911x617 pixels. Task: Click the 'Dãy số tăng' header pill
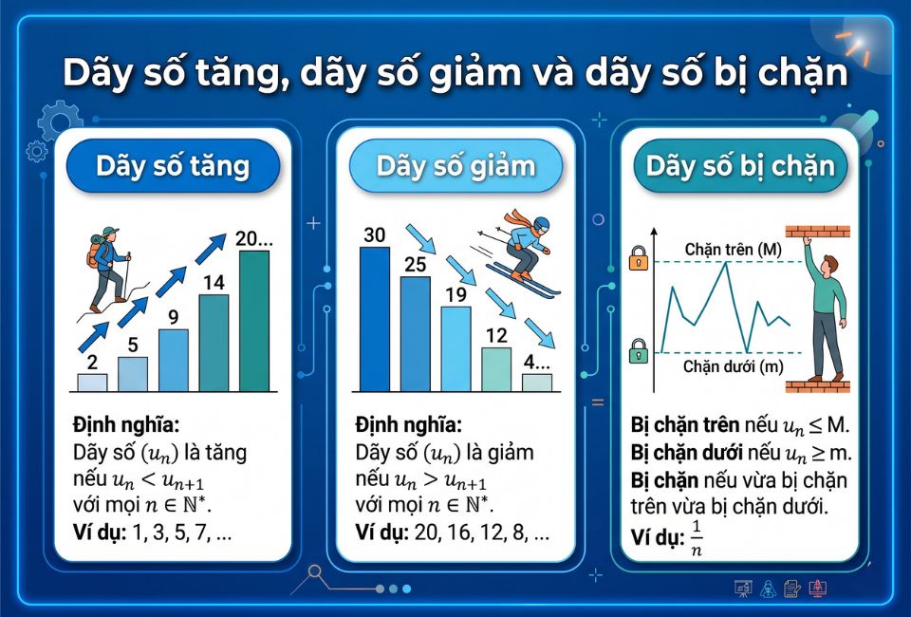[x=173, y=167]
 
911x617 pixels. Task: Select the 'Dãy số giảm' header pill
[x=455, y=167]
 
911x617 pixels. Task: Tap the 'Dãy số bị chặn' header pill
[x=740, y=167]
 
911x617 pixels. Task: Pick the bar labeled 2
[x=92, y=382]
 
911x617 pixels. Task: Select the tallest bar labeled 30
[x=374, y=319]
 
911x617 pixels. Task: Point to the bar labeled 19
[x=455, y=348]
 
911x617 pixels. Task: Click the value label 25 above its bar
[x=415, y=264]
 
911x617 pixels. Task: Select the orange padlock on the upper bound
[x=639, y=258]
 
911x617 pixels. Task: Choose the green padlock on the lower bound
[x=639, y=351]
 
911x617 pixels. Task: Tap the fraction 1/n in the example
[x=697, y=537]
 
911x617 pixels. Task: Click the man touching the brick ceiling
[x=825, y=313]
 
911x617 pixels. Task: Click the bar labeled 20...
[x=253, y=321]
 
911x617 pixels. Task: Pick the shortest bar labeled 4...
[x=536, y=382]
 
